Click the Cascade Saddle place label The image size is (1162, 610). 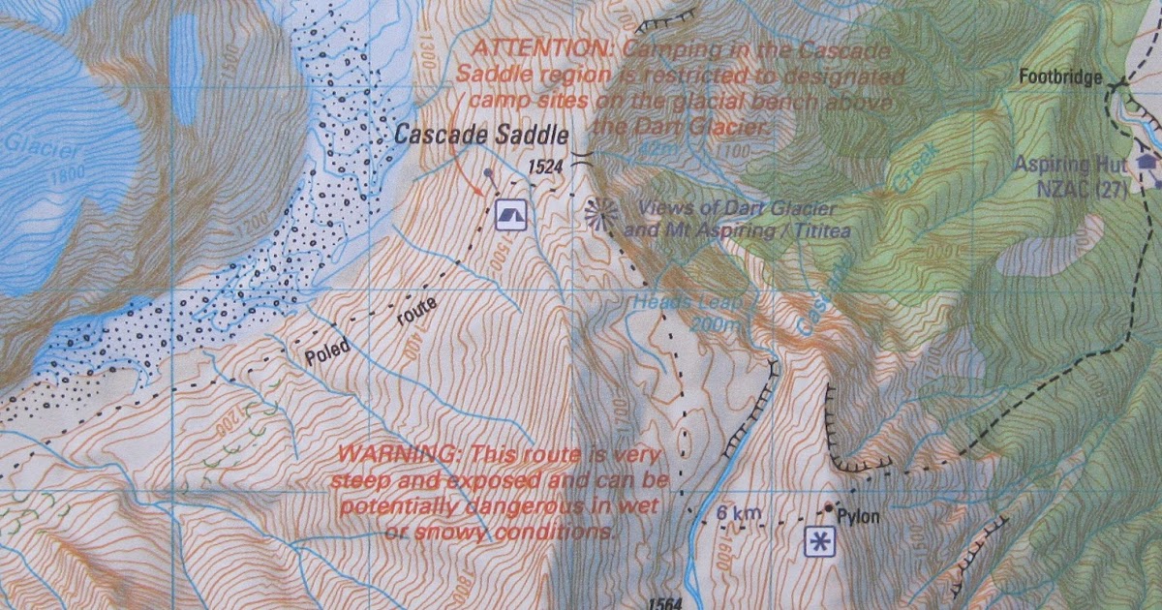481,135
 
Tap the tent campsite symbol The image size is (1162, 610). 510,215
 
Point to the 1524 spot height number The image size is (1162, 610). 545,168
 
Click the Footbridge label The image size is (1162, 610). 1061,76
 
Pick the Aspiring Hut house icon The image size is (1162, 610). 1148,162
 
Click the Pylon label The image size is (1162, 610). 858,517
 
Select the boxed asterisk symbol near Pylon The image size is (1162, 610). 819,542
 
